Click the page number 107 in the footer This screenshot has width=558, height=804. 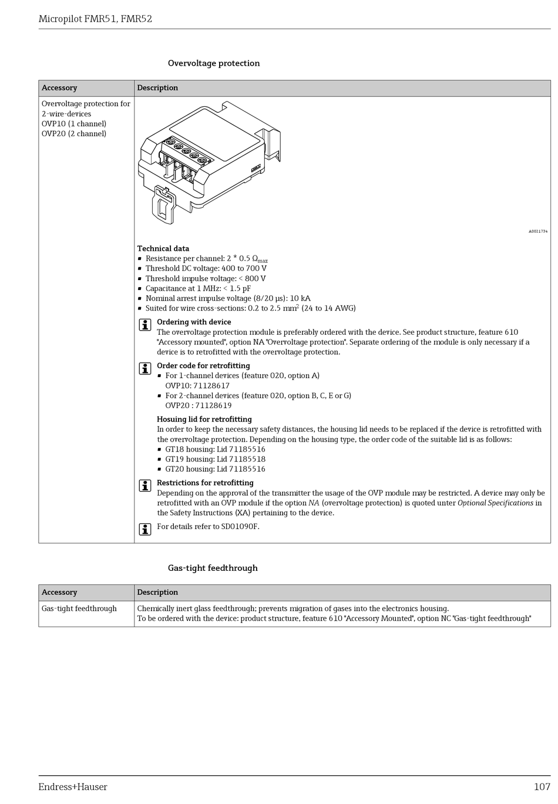[542, 787]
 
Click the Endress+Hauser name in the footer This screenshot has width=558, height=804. [73, 787]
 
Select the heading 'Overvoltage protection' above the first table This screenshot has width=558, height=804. [214, 63]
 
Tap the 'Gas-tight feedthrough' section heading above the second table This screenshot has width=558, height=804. [213, 568]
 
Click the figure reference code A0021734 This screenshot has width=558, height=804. [537, 231]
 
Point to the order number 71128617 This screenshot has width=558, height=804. [211, 386]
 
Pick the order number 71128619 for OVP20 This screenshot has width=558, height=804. [214, 405]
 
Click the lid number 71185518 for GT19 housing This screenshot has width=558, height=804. [247, 459]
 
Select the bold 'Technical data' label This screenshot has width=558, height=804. [163, 248]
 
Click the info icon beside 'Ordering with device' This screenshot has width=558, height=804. [145, 325]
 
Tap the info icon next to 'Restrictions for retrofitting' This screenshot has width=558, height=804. [145, 486]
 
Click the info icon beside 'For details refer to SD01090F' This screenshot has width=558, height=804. [145, 529]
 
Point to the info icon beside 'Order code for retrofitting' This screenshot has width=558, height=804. [145, 368]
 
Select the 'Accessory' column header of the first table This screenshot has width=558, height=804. [59, 88]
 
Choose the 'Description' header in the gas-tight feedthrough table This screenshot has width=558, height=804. [157, 593]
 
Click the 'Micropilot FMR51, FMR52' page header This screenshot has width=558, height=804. [95, 19]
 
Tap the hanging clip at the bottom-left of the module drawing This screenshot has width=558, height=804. [164, 205]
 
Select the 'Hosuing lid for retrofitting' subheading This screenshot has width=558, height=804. [204, 419]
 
